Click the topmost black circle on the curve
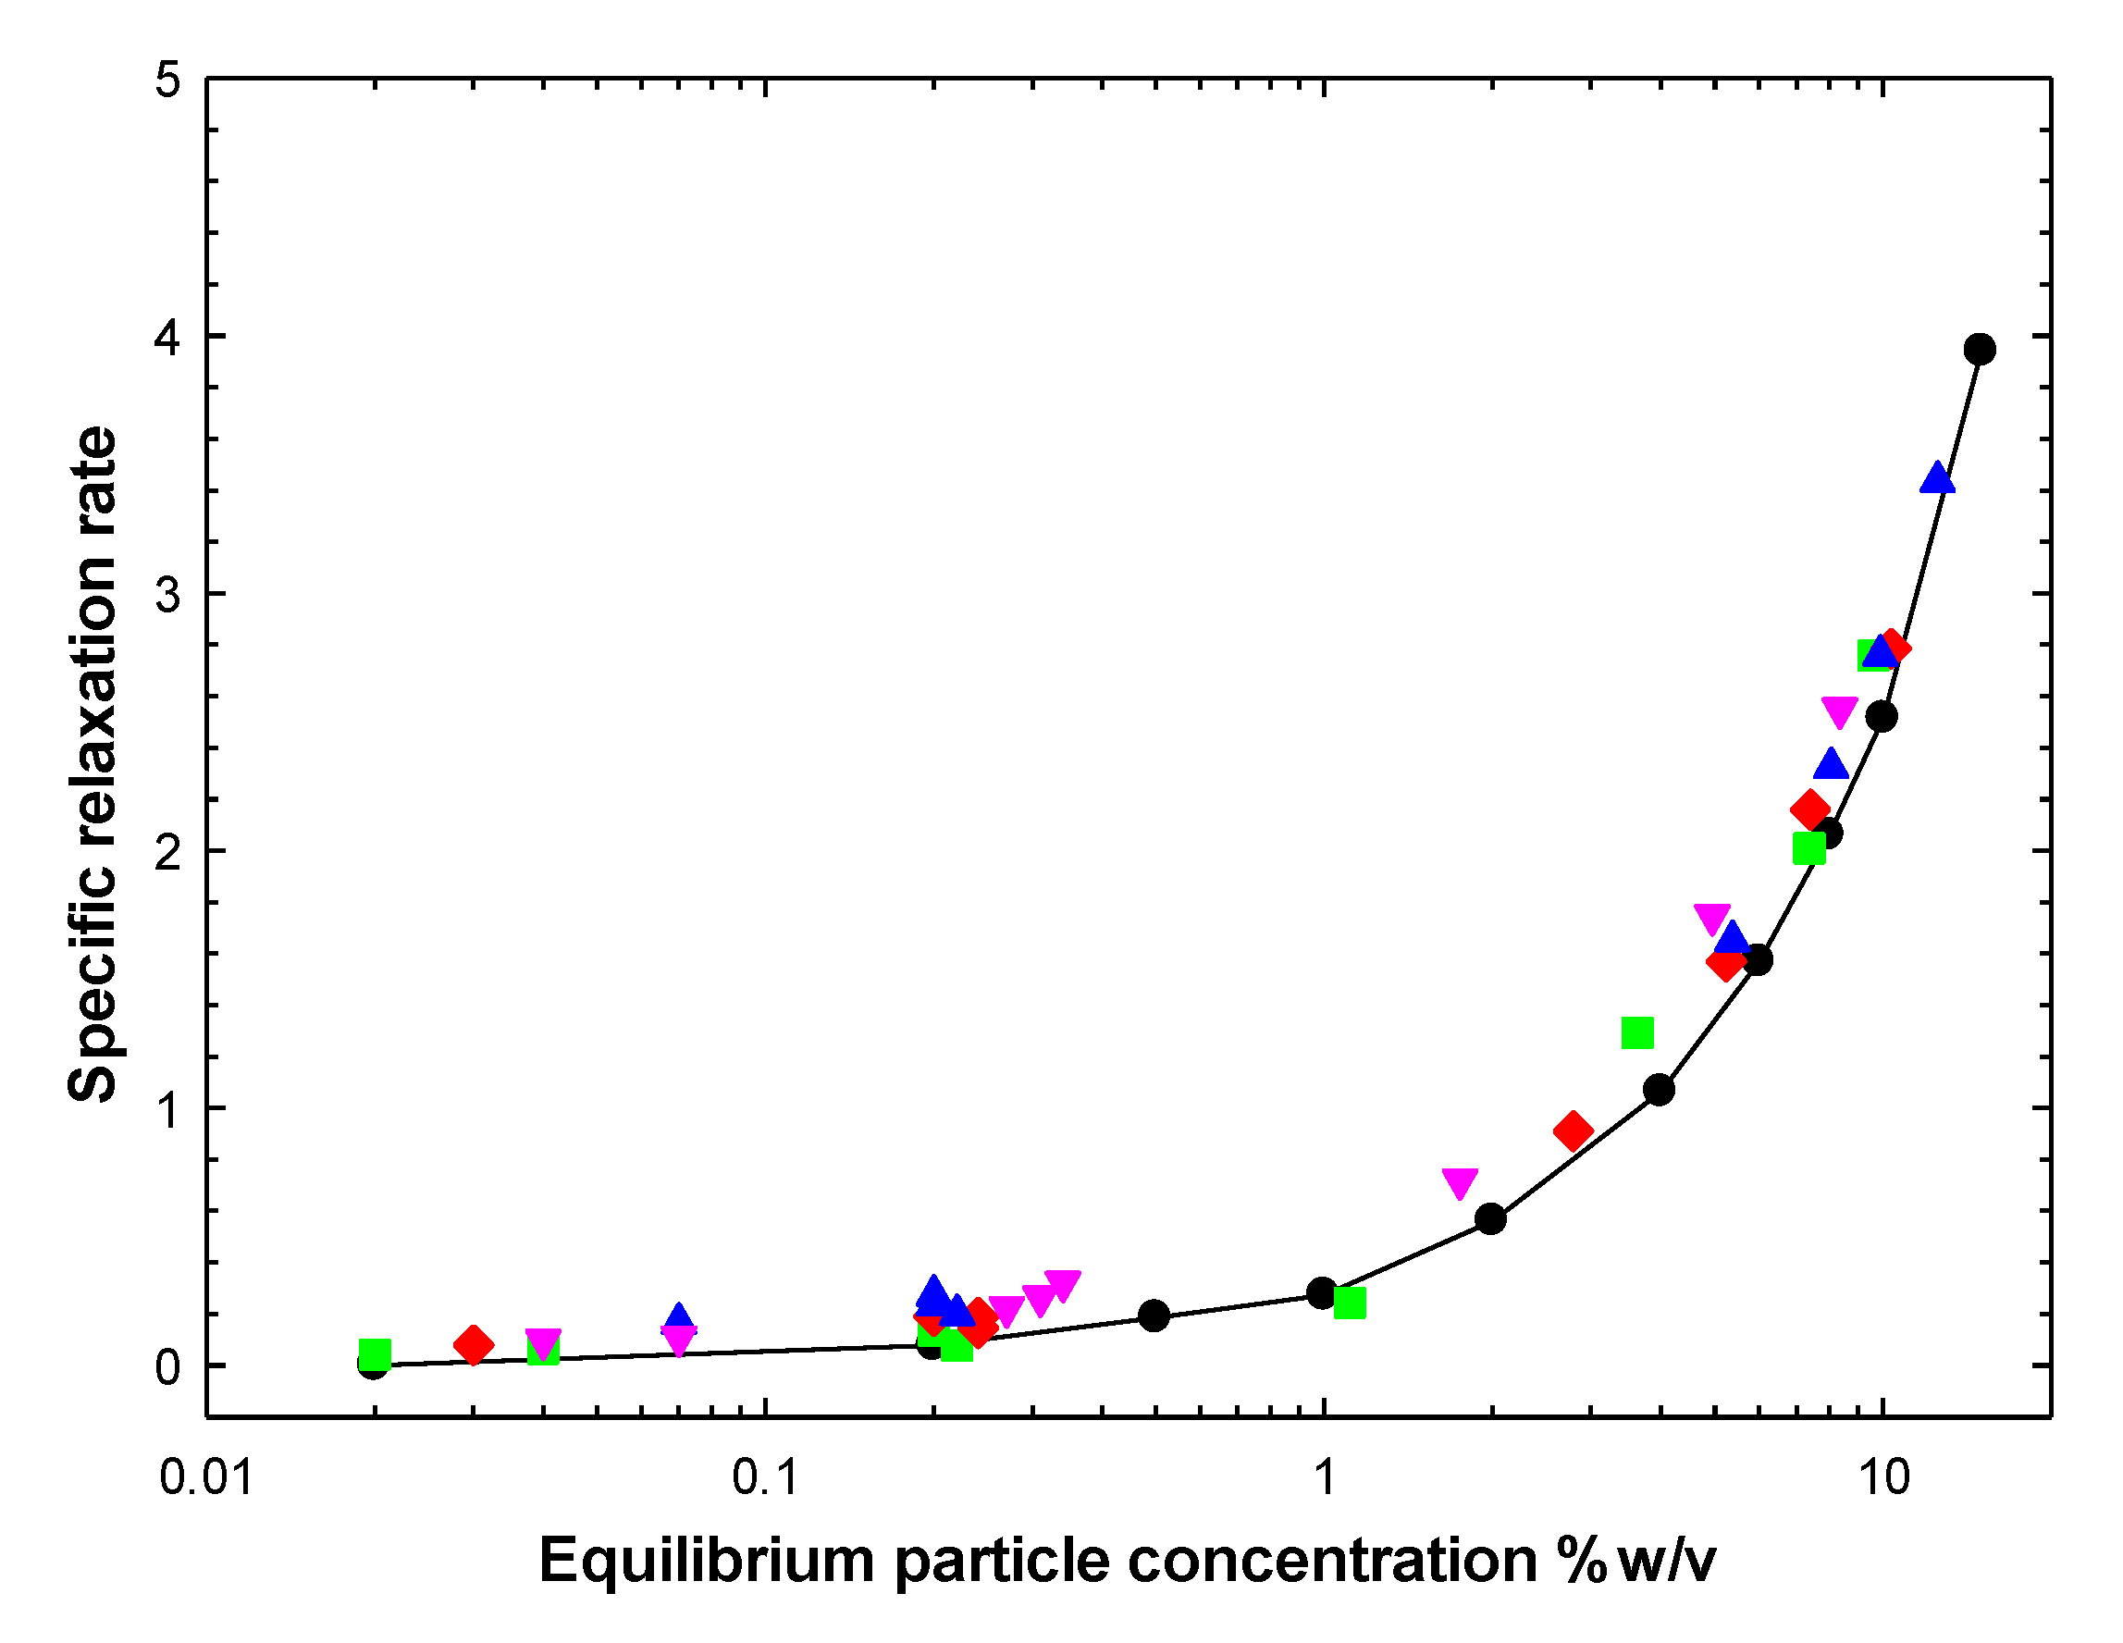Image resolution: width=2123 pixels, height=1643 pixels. (x=1979, y=349)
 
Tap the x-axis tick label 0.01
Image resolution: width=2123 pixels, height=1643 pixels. (x=206, y=1477)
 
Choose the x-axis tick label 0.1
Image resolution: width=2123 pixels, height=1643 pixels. (x=765, y=1477)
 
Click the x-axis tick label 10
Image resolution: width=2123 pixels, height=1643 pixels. (x=1883, y=1477)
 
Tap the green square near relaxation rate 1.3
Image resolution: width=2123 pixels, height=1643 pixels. (x=1638, y=1033)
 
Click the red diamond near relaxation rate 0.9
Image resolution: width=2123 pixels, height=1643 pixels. (x=1573, y=1130)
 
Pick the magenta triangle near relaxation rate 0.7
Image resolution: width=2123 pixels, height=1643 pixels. (x=1460, y=1183)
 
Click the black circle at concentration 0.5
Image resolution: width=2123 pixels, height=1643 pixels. (x=1154, y=1316)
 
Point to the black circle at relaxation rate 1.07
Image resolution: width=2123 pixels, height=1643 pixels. (x=1659, y=1091)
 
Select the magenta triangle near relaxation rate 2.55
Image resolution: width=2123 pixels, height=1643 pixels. (x=1839, y=711)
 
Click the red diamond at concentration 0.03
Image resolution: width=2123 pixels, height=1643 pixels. (x=474, y=1345)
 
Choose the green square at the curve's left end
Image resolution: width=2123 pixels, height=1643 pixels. (x=375, y=1353)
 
